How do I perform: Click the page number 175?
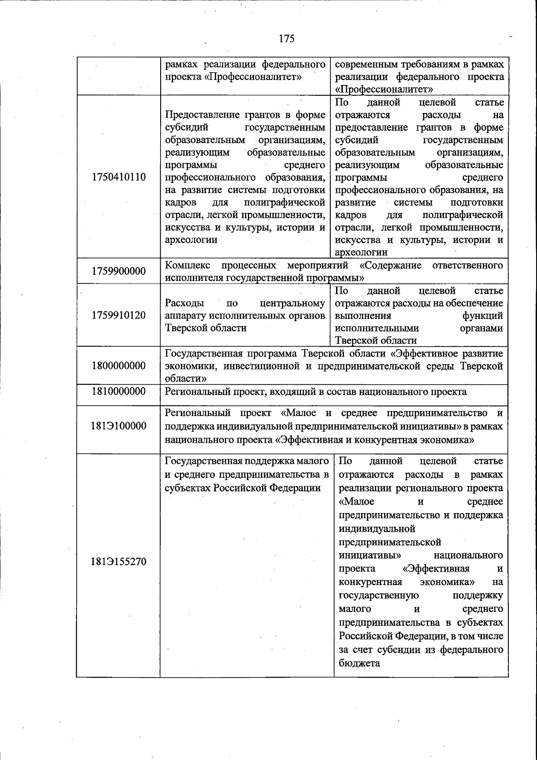(286, 38)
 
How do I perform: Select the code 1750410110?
(119, 177)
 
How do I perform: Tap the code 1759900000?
(119, 271)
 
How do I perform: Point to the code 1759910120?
(119, 315)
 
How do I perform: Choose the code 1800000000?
(119, 366)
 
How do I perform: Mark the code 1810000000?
(119, 392)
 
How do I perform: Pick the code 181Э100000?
(119, 426)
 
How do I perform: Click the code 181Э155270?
(119, 562)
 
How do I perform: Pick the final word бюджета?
(359, 663)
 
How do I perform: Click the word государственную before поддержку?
(379, 595)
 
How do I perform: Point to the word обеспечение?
(478, 304)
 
